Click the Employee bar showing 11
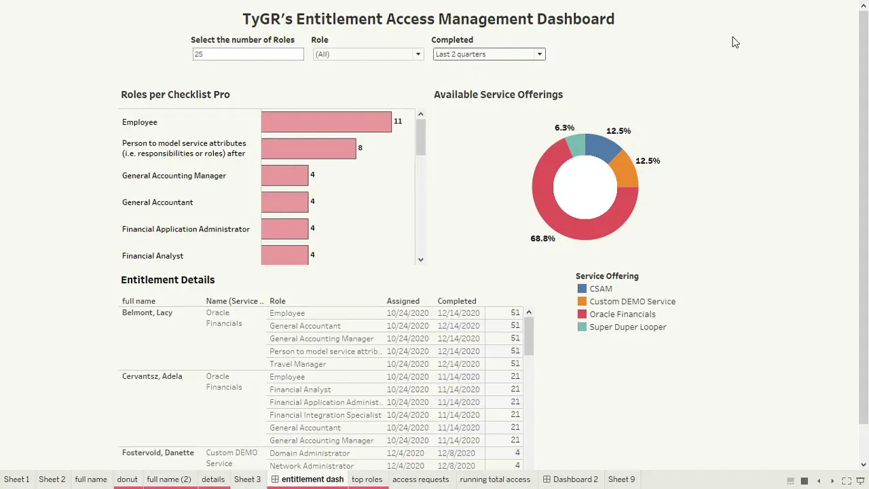tap(326, 122)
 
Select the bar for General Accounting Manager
tap(284, 175)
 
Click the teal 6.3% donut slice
tap(576, 145)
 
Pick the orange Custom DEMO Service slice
tap(625, 170)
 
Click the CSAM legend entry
tap(600, 289)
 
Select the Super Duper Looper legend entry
tap(627, 327)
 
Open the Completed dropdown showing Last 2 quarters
tap(489, 54)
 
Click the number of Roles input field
tap(248, 54)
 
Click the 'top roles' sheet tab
tap(367, 479)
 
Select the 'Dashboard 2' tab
tap(575, 479)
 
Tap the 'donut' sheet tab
tap(127, 479)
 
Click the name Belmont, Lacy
tap(147, 313)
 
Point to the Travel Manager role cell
tap(297, 364)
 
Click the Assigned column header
tap(403, 301)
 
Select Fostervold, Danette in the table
tap(158, 453)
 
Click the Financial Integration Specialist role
tap(325, 415)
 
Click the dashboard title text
tap(428, 19)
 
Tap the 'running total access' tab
tap(494, 479)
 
